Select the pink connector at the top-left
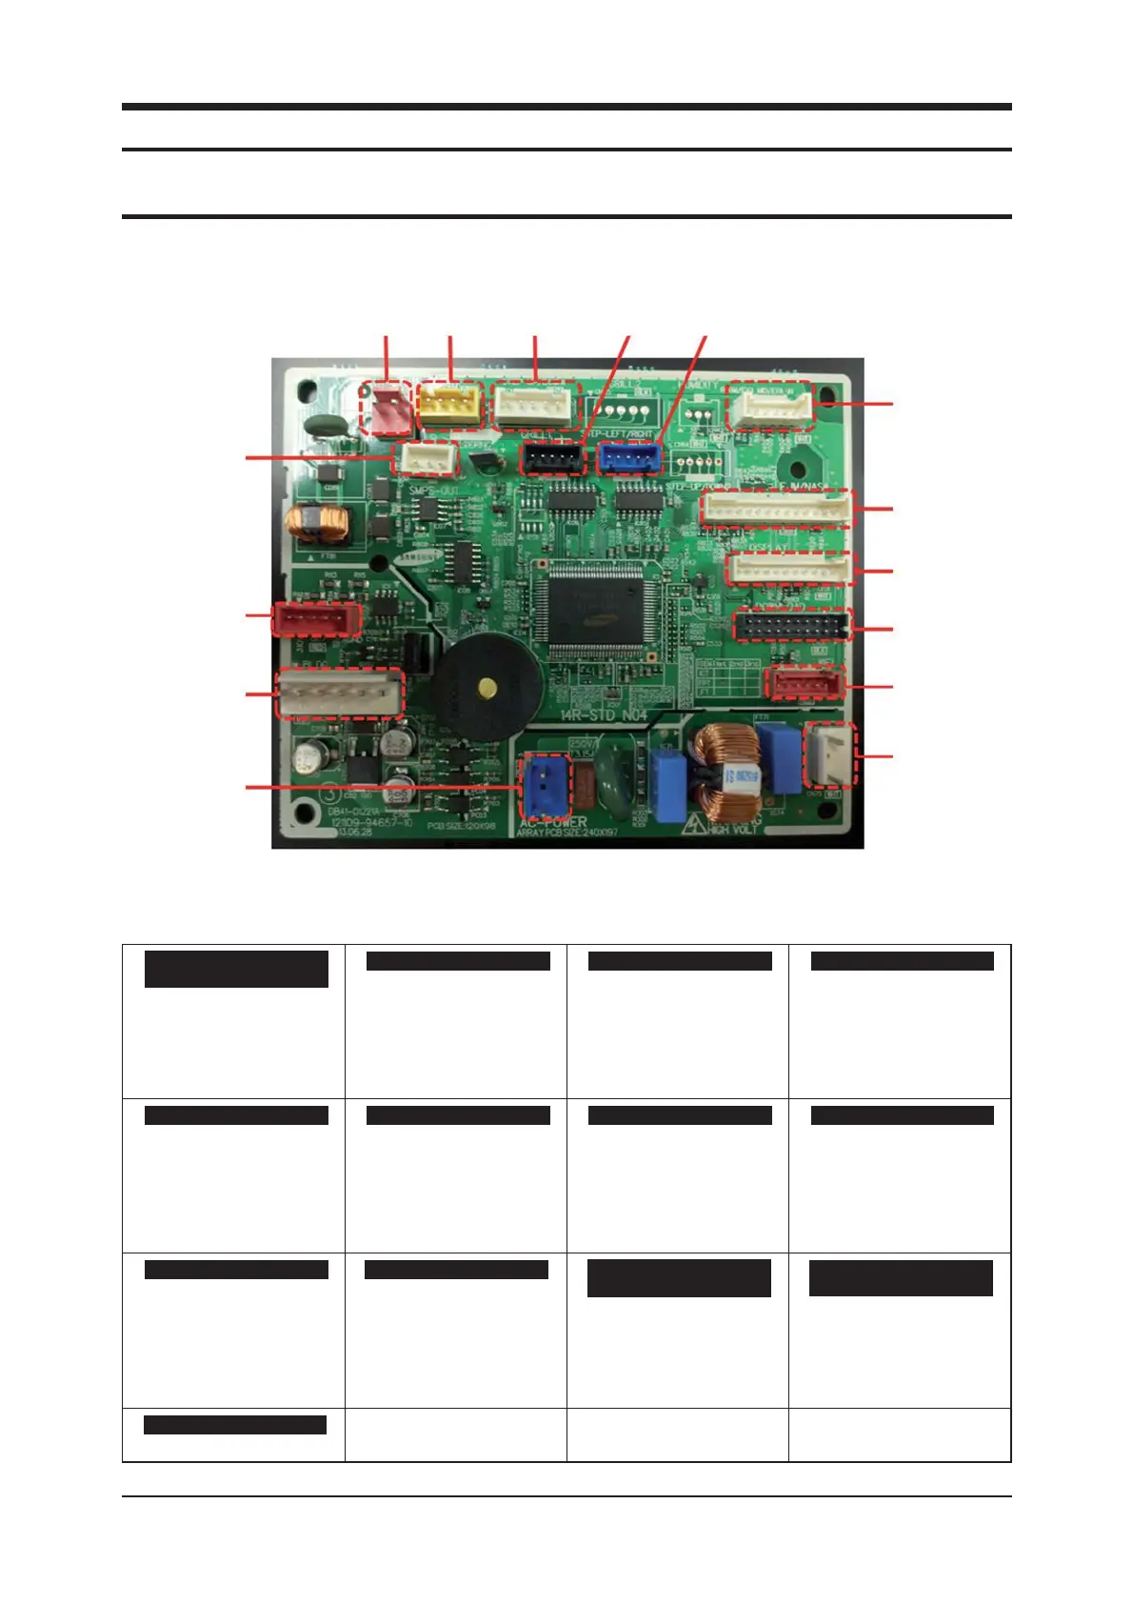pos(387,409)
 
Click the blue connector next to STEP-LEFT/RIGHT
pos(629,458)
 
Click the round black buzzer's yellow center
pos(487,688)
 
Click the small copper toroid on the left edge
pos(317,523)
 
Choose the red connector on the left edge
pos(316,619)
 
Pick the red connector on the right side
pos(805,683)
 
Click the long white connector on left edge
pos(339,693)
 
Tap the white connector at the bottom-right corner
pos(831,754)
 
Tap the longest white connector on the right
pos(776,509)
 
